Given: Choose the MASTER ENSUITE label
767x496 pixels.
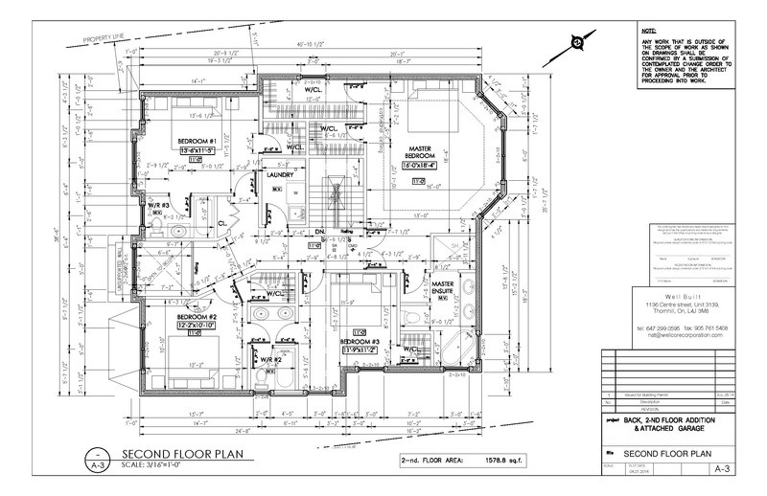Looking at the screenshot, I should click(442, 288).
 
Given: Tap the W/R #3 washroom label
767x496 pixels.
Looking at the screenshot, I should click(158, 204).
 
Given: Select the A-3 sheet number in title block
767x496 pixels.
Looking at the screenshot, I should click(724, 470).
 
